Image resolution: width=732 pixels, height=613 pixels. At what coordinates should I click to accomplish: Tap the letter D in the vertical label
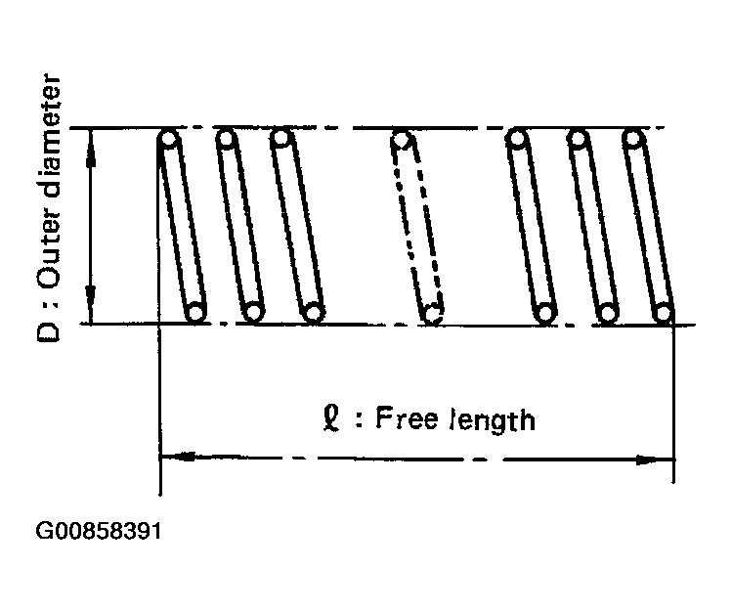click(48, 330)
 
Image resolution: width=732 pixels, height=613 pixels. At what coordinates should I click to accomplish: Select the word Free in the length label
click(407, 417)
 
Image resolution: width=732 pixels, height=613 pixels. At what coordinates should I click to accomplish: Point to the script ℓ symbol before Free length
click(331, 418)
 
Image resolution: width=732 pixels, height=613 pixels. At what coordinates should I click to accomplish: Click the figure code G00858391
click(99, 531)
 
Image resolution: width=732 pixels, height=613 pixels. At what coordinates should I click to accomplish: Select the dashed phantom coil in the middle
click(417, 228)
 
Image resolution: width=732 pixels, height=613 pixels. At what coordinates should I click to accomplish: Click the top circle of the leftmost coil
click(168, 139)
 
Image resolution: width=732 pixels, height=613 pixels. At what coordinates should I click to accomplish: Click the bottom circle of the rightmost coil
click(664, 312)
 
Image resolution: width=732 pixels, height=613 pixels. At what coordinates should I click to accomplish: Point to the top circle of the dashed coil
click(402, 139)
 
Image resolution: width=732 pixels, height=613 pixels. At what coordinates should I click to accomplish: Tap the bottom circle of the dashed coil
click(432, 314)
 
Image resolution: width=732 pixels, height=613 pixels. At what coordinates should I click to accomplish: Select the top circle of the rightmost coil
click(633, 139)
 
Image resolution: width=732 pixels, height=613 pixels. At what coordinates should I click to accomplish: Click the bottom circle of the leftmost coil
click(195, 312)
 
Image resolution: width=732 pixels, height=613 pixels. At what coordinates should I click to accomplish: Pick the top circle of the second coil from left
click(226, 138)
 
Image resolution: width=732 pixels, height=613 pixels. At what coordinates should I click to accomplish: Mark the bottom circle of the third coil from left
click(314, 312)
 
